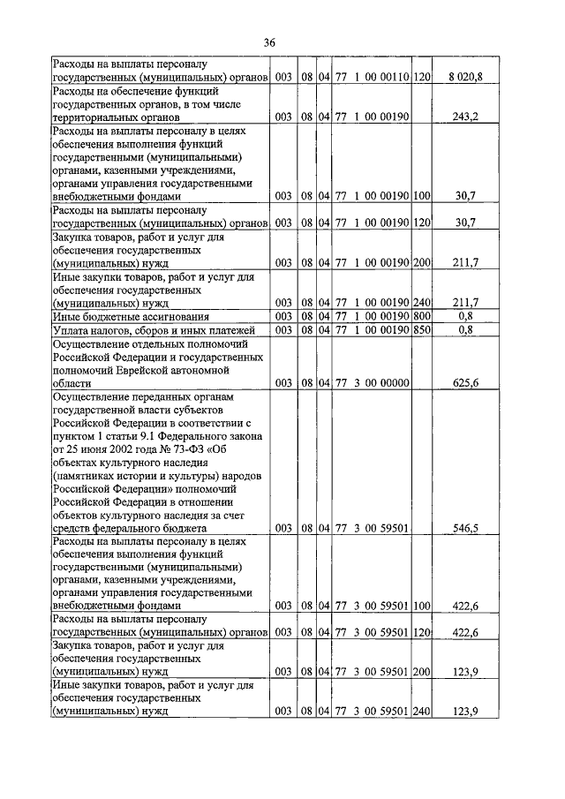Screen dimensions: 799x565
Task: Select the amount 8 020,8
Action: point(464,79)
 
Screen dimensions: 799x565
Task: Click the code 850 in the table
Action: point(421,330)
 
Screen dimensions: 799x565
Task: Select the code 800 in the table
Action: point(421,316)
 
